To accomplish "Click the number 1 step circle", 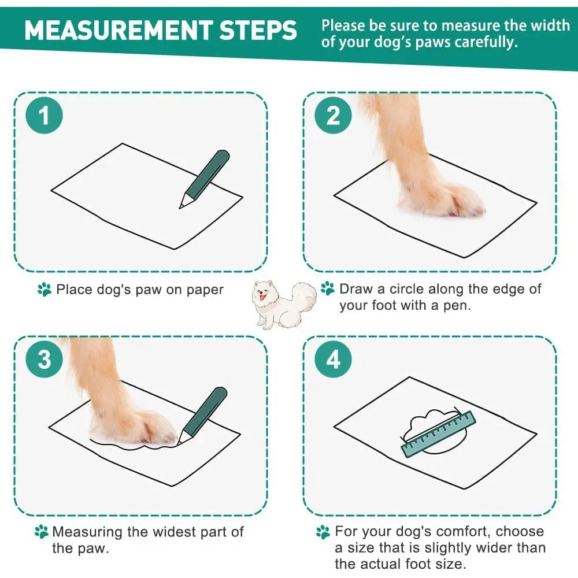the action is [44, 116].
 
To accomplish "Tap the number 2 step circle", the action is [333, 116].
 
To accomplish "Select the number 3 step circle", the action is [44, 359].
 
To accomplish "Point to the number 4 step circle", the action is [333, 359].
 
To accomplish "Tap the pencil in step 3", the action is [202, 416].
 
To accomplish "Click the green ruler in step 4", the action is [438, 433].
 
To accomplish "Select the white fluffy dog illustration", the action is [284, 304].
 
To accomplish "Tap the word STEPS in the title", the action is [258, 30].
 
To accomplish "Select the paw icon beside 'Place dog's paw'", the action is [45, 290].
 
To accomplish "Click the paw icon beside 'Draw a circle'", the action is [328, 288].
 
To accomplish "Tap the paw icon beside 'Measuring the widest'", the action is [41, 532].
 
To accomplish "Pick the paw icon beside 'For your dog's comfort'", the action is [323, 532].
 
